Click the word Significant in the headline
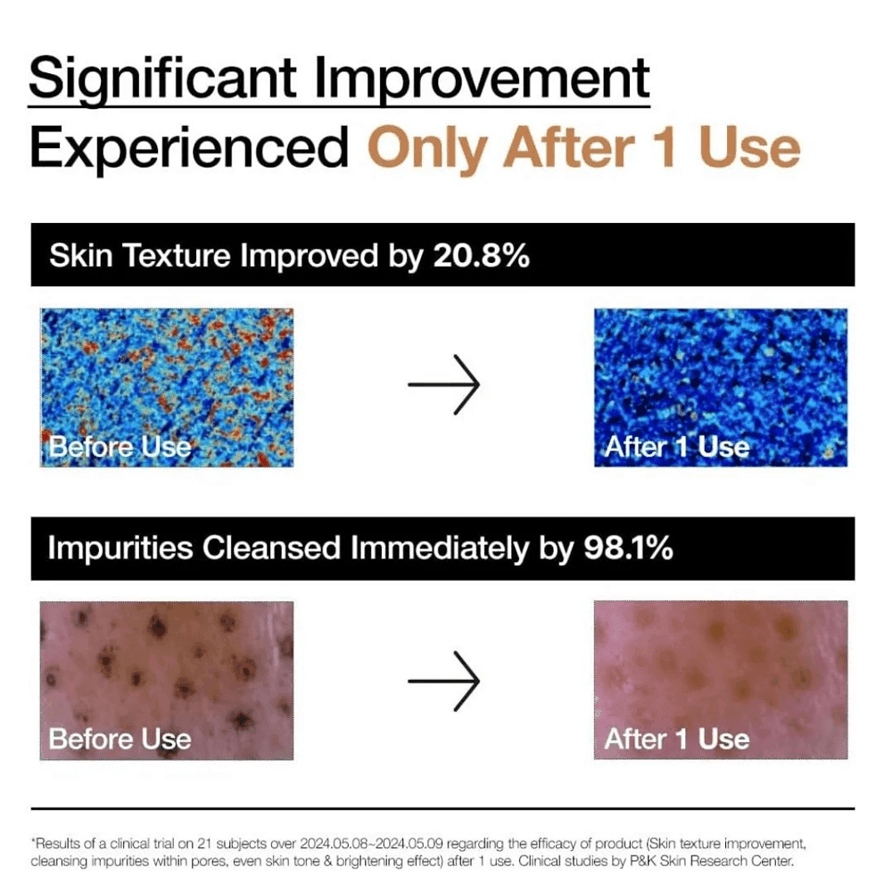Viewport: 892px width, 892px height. tap(162, 78)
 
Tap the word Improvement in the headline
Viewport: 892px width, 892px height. tap(482, 78)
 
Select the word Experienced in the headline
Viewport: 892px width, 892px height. tap(189, 148)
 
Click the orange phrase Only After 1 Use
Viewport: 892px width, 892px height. tap(584, 148)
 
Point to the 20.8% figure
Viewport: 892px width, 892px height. tap(482, 255)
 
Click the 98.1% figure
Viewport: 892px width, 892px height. tap(629, 548)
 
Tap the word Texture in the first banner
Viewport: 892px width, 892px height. tap(177, 255)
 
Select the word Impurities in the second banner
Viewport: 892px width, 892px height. tap(120, 548)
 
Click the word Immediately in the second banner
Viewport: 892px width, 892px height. tap(440, 548)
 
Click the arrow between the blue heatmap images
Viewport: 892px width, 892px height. tap(443, 384)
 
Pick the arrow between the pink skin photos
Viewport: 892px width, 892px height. tap(443, 681)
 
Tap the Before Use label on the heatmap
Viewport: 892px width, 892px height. tap(120, 447)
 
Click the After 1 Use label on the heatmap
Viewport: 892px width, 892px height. tap(677, 447)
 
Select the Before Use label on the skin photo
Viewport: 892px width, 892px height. tap(120, 739)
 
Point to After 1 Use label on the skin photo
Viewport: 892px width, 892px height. tap(677, 739)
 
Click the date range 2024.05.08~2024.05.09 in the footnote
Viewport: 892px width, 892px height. tap(371, 843)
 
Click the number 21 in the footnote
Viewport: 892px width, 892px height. tap(204, 843)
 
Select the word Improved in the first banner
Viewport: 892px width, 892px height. tap(309, 255)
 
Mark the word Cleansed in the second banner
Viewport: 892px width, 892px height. tap(271, 548)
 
